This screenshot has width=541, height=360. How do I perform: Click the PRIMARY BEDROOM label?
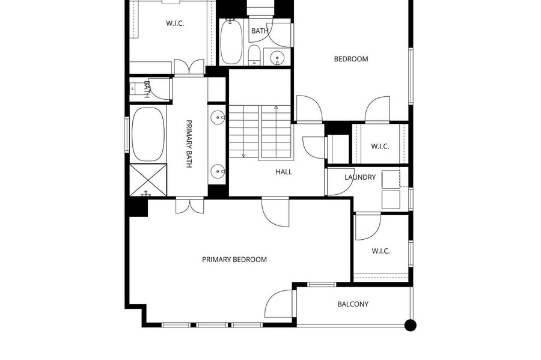234,259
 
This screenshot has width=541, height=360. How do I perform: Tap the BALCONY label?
353,304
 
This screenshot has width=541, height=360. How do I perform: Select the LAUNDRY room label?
360,177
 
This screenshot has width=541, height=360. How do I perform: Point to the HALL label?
284,172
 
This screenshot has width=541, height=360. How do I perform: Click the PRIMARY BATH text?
189,144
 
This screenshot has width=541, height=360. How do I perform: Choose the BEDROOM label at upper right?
351,59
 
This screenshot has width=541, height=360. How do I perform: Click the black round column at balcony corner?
410,325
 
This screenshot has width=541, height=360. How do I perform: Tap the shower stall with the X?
148,180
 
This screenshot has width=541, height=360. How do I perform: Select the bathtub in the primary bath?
148,134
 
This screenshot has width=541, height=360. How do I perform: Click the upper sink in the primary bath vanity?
218,117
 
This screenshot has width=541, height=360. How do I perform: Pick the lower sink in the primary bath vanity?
218,171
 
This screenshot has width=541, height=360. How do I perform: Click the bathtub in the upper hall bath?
231,41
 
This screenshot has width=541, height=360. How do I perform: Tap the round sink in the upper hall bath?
277,57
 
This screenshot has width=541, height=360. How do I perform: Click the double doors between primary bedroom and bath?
190,206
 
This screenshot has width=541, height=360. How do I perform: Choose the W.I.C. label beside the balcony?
381,251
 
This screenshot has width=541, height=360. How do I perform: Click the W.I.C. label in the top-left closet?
174,23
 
